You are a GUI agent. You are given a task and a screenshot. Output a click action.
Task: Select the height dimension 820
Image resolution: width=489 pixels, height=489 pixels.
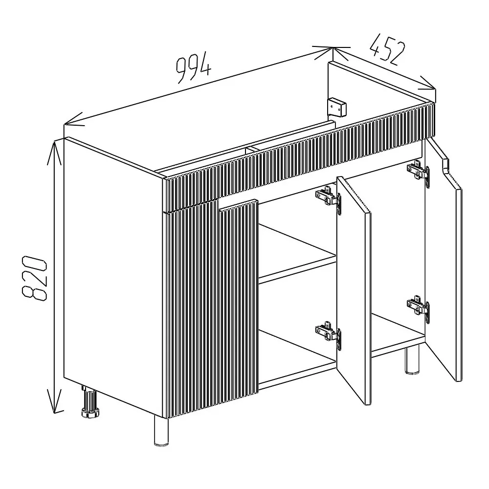click(x=34, y=279)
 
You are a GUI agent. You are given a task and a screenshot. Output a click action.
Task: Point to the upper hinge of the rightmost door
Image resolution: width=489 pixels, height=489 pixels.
click(x=418, y=171)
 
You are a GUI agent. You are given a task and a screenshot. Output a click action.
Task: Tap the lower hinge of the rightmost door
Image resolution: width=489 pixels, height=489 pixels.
click(x=418, y=307)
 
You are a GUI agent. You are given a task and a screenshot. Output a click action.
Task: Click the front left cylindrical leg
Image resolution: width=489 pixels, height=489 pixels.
click(x=161, y=431)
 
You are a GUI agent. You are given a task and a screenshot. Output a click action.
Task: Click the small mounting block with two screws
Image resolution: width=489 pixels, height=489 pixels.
click(x=336, y=108)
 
